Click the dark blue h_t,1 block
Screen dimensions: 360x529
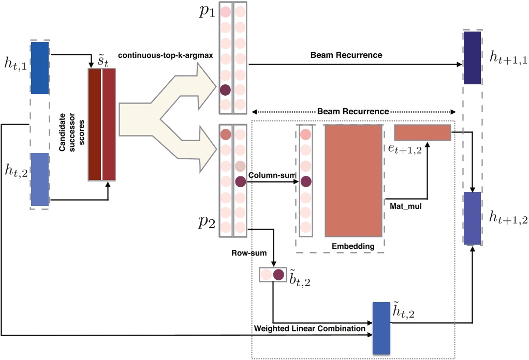pos(40,68)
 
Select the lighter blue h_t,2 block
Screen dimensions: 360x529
pos(40,179)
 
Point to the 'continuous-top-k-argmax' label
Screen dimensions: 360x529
pos(165,55)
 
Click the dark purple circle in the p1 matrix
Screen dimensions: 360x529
pos(225,90)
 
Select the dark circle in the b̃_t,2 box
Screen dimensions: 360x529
pos(278,275)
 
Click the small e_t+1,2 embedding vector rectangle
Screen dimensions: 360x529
pos(422,132)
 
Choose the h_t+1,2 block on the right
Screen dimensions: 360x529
pos(473,217)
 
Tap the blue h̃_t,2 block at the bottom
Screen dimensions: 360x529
pos(381,327)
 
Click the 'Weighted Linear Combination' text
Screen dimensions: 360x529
pos(310,328)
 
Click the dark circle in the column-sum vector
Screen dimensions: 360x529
pos(306,182)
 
